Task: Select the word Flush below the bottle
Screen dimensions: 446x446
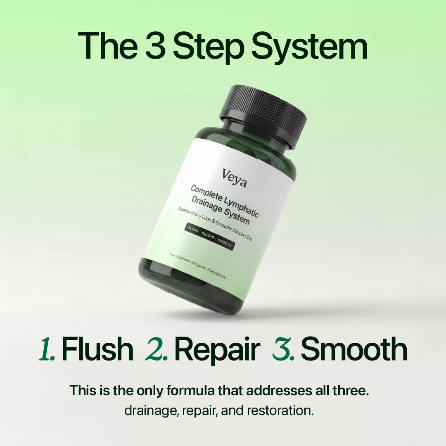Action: coord(97,349)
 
